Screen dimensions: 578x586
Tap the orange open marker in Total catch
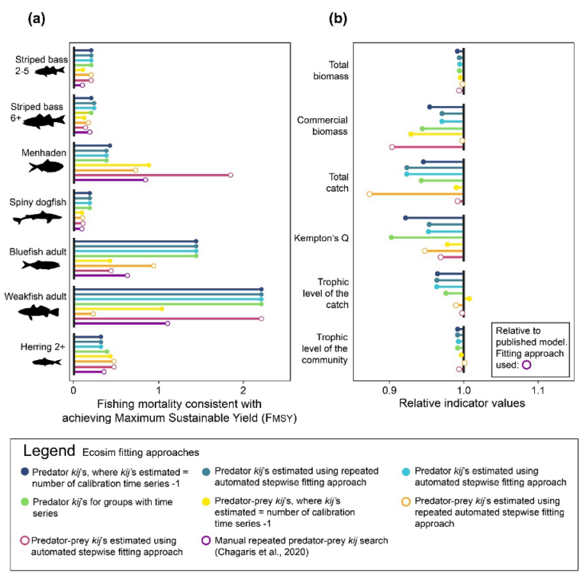369,194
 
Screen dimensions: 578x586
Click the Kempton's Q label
324,239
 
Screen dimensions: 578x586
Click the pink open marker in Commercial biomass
391,147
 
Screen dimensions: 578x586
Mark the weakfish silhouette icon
38,311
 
